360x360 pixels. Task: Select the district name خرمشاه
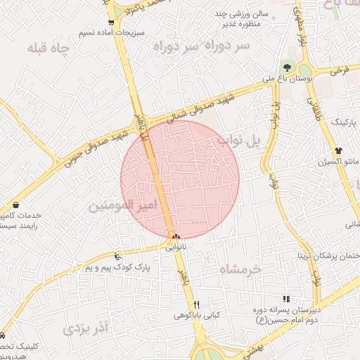tap(239, 269)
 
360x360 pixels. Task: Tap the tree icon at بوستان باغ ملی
tap(286, 66)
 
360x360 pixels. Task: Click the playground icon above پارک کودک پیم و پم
tap(117, 257)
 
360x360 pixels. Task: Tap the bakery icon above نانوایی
tap(175, 238)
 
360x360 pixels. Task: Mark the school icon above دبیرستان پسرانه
tap(285, 299)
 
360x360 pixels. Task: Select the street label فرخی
tap(341, 70)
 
